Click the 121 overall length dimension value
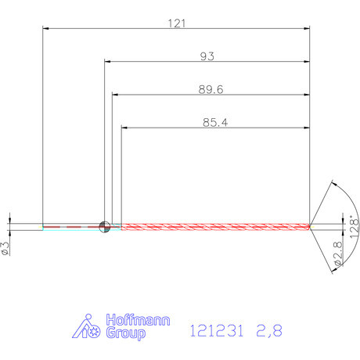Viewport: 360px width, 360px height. coord(177,23)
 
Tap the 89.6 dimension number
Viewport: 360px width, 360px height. coord(211,90)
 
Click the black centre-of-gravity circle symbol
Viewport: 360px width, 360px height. coord(105,227)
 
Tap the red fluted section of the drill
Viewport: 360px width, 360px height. coord(211,227)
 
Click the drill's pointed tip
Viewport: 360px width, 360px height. coord(310,227)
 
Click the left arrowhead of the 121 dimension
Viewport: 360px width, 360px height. coord(45,29)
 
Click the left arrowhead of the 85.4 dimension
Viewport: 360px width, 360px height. coord(124,127)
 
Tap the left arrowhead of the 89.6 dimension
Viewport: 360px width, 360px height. coord(115,95)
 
